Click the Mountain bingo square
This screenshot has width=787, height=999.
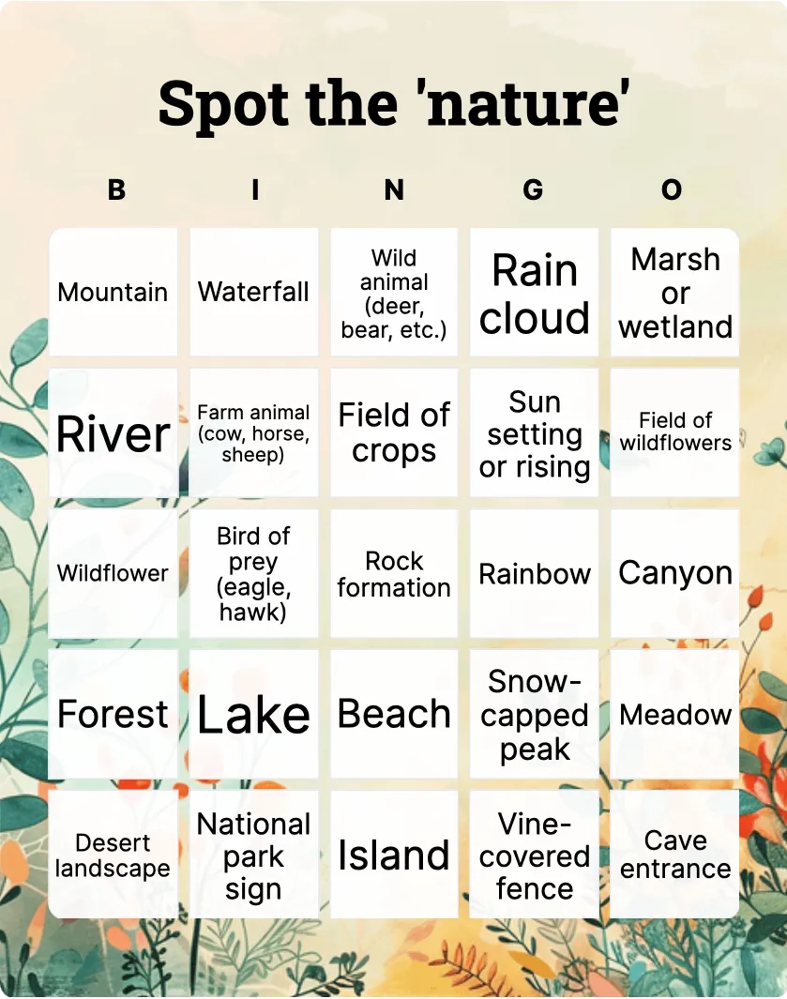114,293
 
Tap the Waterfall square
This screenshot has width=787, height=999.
253,293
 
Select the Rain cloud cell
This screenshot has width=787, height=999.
534,293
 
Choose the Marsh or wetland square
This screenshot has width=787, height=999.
674,293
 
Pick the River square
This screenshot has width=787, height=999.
114,433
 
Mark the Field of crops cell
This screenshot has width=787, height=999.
394,433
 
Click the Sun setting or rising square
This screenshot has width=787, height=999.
534,433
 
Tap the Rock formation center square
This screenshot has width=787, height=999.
394,573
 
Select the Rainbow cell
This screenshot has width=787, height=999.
534,573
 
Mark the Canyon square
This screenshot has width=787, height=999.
674,573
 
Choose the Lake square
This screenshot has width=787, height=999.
253,714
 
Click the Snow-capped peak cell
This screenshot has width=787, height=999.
534,714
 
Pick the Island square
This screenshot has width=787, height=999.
394,855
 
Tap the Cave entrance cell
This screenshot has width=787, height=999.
674,855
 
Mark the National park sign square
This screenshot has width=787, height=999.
253,855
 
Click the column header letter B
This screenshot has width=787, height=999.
116,189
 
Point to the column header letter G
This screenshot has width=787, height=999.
533,189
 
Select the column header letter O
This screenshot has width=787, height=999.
672,189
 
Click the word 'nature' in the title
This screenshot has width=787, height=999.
528,103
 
